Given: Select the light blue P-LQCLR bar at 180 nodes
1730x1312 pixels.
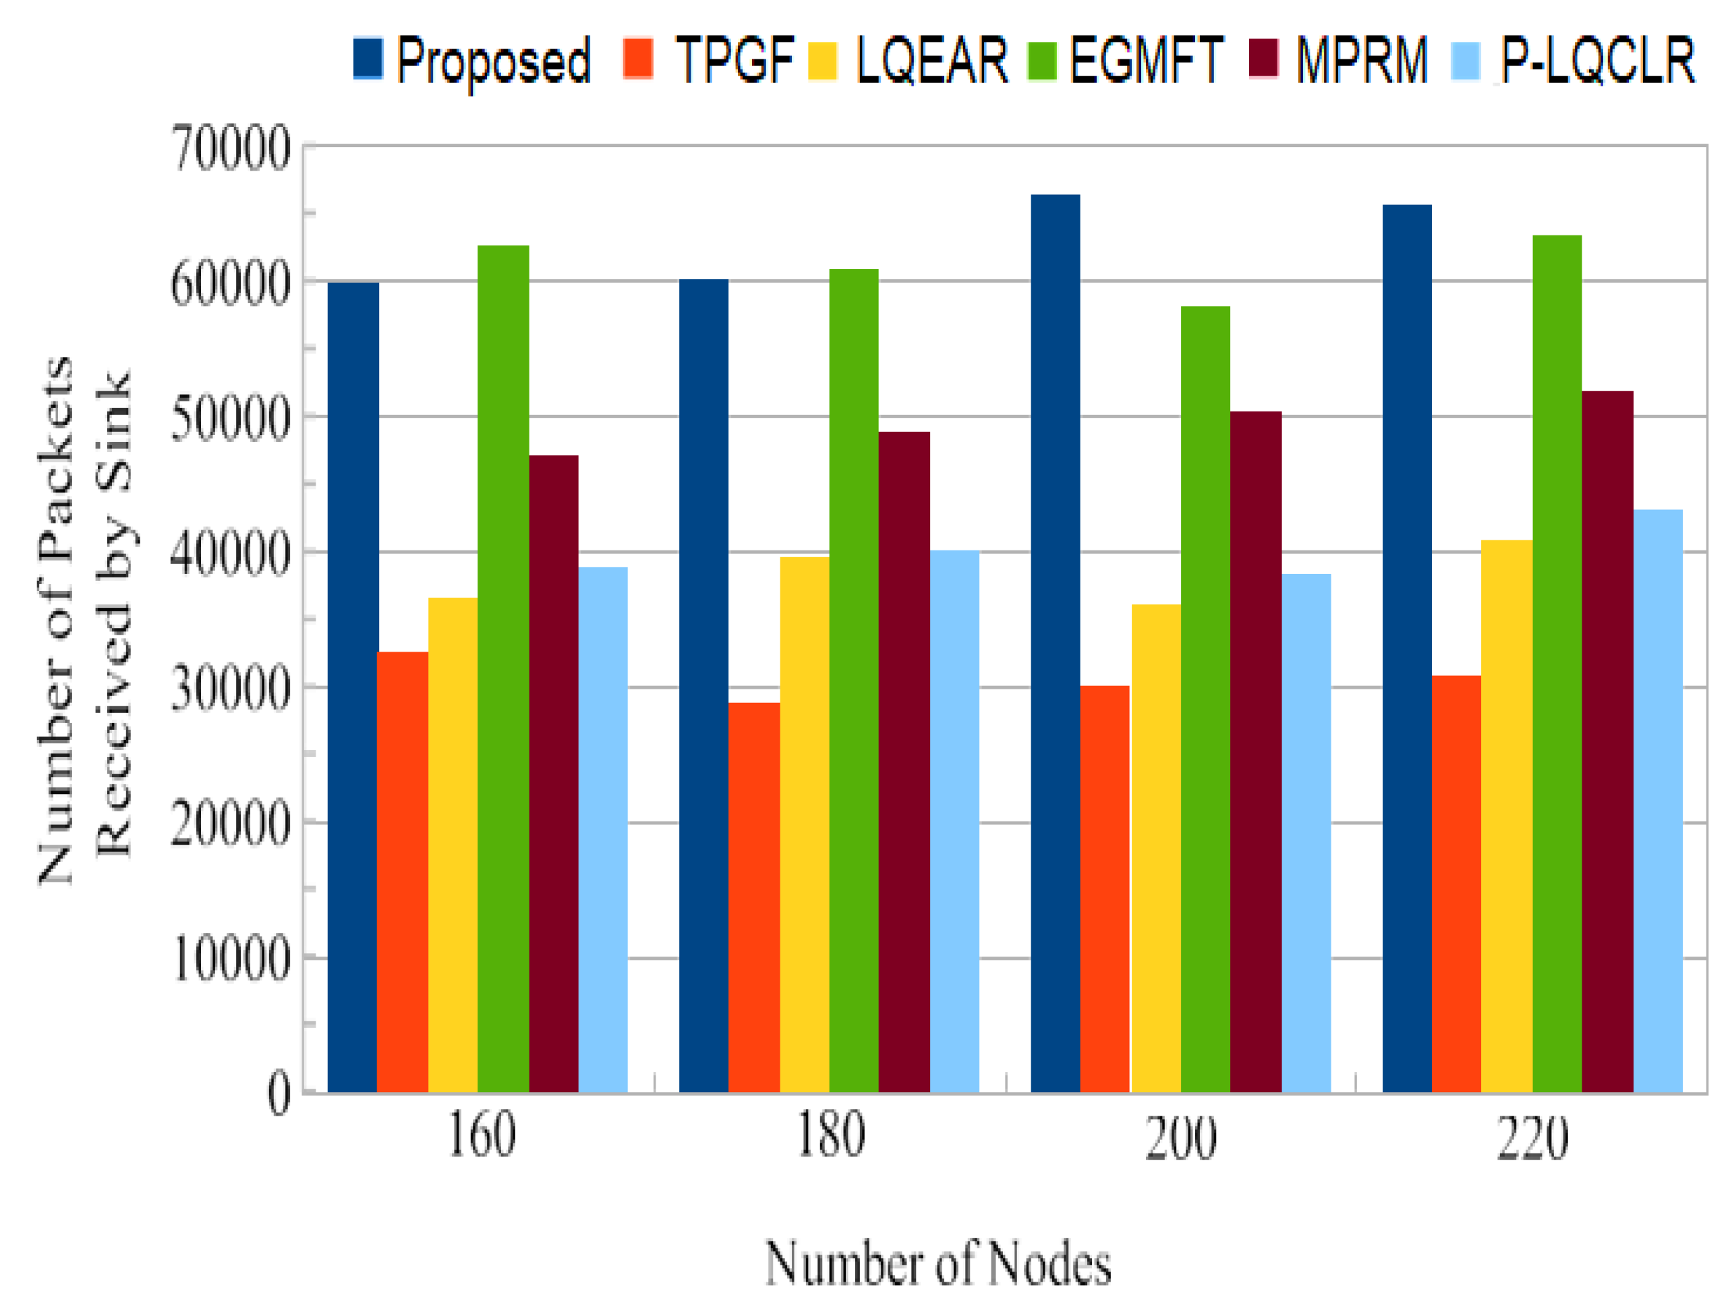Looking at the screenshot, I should pos(954,822).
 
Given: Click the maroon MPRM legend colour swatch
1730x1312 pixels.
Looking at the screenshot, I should pos(1263,59).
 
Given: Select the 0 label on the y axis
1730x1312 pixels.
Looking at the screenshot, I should pos(279,1093).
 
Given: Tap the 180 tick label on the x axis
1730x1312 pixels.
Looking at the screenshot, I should pos(830,1137).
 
